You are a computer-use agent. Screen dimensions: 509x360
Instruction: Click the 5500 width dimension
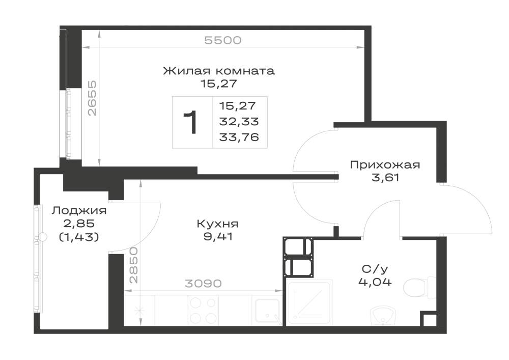click(223, 40)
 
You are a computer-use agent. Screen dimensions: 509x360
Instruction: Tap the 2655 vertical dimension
click(93, 98)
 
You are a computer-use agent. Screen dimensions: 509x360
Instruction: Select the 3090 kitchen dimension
click(203, 284)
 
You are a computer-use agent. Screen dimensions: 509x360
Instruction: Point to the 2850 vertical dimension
click(133, 265)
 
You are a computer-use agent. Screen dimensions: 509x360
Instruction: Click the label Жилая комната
click(219, 71)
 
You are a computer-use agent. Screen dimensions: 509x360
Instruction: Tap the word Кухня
click(217, 224)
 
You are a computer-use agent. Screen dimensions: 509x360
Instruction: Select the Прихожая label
click(385, 165)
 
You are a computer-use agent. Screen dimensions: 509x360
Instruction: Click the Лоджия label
click(79, 211)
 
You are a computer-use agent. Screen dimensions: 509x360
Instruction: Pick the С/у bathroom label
click(375, 269)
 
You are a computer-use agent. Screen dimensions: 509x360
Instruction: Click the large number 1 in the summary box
click(190, 122)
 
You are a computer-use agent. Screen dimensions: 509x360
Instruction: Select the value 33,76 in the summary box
click(239, 137)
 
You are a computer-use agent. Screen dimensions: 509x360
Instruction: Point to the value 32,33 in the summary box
click(239, 122)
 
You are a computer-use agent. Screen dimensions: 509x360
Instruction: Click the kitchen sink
click(267, 311)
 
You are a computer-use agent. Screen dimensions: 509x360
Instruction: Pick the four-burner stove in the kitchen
click(203, 311)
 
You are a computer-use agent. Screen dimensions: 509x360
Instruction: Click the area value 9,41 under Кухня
click(218, 237)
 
